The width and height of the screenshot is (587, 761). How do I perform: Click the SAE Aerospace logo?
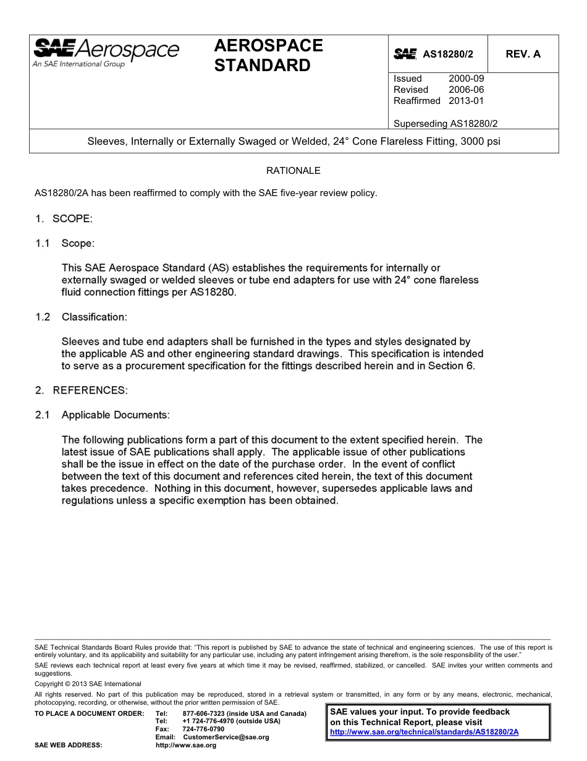(106, 52)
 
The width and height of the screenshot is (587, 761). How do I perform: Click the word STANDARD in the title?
(262, 66)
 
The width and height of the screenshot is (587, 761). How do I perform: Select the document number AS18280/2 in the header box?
(447, 54)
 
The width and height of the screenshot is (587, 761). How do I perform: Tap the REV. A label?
(523, 54)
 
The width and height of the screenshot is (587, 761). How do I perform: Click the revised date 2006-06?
(466, 90)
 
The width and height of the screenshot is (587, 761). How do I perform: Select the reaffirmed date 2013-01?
(466, 101)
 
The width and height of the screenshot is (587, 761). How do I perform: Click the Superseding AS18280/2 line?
(445, 123)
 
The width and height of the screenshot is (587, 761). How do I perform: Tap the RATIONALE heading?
(293, 170)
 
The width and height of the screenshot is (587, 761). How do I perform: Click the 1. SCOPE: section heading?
(64, 218)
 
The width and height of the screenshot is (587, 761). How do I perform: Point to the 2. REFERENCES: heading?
(81, 390)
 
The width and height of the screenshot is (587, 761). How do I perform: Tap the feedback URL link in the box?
(424, 731)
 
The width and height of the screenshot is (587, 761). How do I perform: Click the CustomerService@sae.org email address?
(226, 737)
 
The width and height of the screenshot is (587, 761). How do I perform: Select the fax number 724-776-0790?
(203, 729)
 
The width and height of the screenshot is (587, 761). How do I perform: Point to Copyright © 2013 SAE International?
(88, 684)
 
